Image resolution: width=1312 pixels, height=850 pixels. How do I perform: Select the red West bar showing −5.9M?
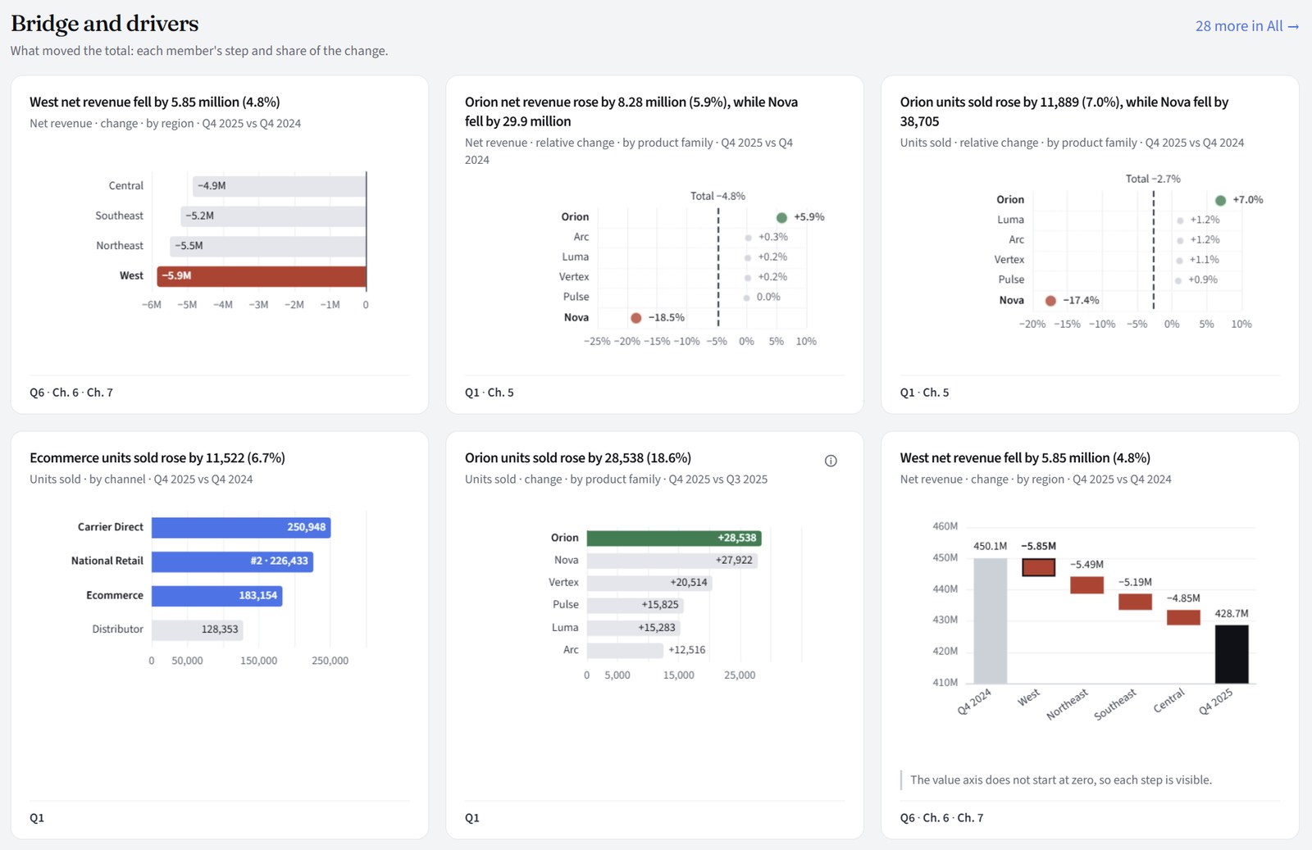[x=262, y=275]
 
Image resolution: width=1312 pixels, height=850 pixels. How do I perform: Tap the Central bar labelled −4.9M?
[x=280, y=186]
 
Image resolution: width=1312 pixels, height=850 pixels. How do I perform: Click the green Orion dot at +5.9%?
[x=781, y=217]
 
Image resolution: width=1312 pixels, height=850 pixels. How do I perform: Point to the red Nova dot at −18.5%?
[x=636, y=318]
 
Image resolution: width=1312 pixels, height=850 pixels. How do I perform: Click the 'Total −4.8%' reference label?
[x=717, y=196]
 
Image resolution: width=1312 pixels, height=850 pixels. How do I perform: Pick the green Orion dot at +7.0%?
[x=1221, y=200]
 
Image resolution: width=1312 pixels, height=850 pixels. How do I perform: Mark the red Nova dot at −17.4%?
[x=1050, y=300]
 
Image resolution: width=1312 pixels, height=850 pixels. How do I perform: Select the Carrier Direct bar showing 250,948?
[x=241, y=527]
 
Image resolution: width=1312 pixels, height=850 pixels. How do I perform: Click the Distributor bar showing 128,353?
[x=198, y=630]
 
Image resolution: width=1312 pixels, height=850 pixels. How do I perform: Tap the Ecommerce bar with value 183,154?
[x=216, y=595]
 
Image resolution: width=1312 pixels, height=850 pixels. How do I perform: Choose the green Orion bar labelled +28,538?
[x=674, y=538]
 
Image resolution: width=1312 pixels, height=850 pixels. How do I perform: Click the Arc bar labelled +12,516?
[x=625, y=650]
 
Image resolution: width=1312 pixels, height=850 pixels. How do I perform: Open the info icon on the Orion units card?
[x=831, y=461]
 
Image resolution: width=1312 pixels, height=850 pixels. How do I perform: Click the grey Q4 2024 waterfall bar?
[x=991, y=620]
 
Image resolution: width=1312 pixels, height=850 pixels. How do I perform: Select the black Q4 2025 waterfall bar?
[x=1232, y=654]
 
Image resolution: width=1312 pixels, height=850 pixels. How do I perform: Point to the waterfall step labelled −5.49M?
[x=1087, y=584]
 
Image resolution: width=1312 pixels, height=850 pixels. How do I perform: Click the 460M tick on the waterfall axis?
[x=945, y=526]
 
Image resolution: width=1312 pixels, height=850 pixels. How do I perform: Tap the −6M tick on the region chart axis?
[x=152, y=304]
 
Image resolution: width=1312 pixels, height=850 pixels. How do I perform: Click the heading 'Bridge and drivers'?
[x=105, y=24]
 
